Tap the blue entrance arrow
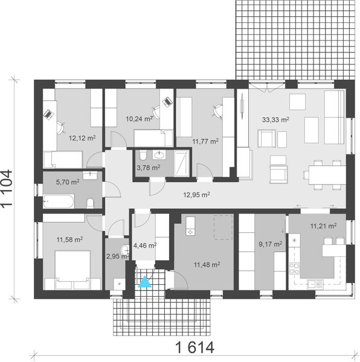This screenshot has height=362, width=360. pyautogui.click(x=144, y=282)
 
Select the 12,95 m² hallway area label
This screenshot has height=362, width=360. pyautogui.click(x=197, y=194)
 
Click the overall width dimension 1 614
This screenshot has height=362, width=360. pyautogui.click(x=195, y=348)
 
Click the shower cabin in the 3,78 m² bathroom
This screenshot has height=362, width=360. pyautogui.click(x=181, y=162)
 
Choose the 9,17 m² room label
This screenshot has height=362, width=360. pyautogui.click(x=270, y=244)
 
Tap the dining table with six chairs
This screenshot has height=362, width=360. pyautogui.click(x=324, y=174)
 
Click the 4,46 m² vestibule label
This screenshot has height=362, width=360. pyautogui.click(x=144, y=246)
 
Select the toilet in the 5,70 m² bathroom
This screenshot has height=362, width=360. pyautogui.click(x=91, y=201)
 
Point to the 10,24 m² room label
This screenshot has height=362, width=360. pyautogui.click(x=138, y=119)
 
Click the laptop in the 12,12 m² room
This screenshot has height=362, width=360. pyautogui.click(x=47, y=112)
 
